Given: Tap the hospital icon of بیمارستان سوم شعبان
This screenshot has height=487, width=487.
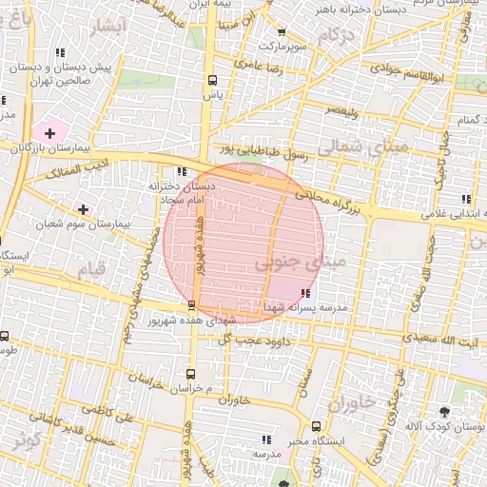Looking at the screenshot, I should tap(84, 208).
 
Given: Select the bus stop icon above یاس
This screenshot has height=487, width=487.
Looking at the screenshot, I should tap(211, 81).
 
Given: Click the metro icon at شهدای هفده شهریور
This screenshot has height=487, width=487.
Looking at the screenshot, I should tap(192, 305).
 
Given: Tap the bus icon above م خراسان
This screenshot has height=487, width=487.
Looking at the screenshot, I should tap(191, 374).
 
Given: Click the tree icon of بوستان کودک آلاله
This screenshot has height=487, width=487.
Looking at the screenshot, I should tap(444, 412).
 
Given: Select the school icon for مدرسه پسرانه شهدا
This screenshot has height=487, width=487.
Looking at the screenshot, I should tap(304, 293).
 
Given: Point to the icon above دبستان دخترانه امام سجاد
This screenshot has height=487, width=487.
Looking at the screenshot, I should tap(180, 172).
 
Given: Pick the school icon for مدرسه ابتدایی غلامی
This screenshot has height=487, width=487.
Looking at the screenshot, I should tap(466, 199).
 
